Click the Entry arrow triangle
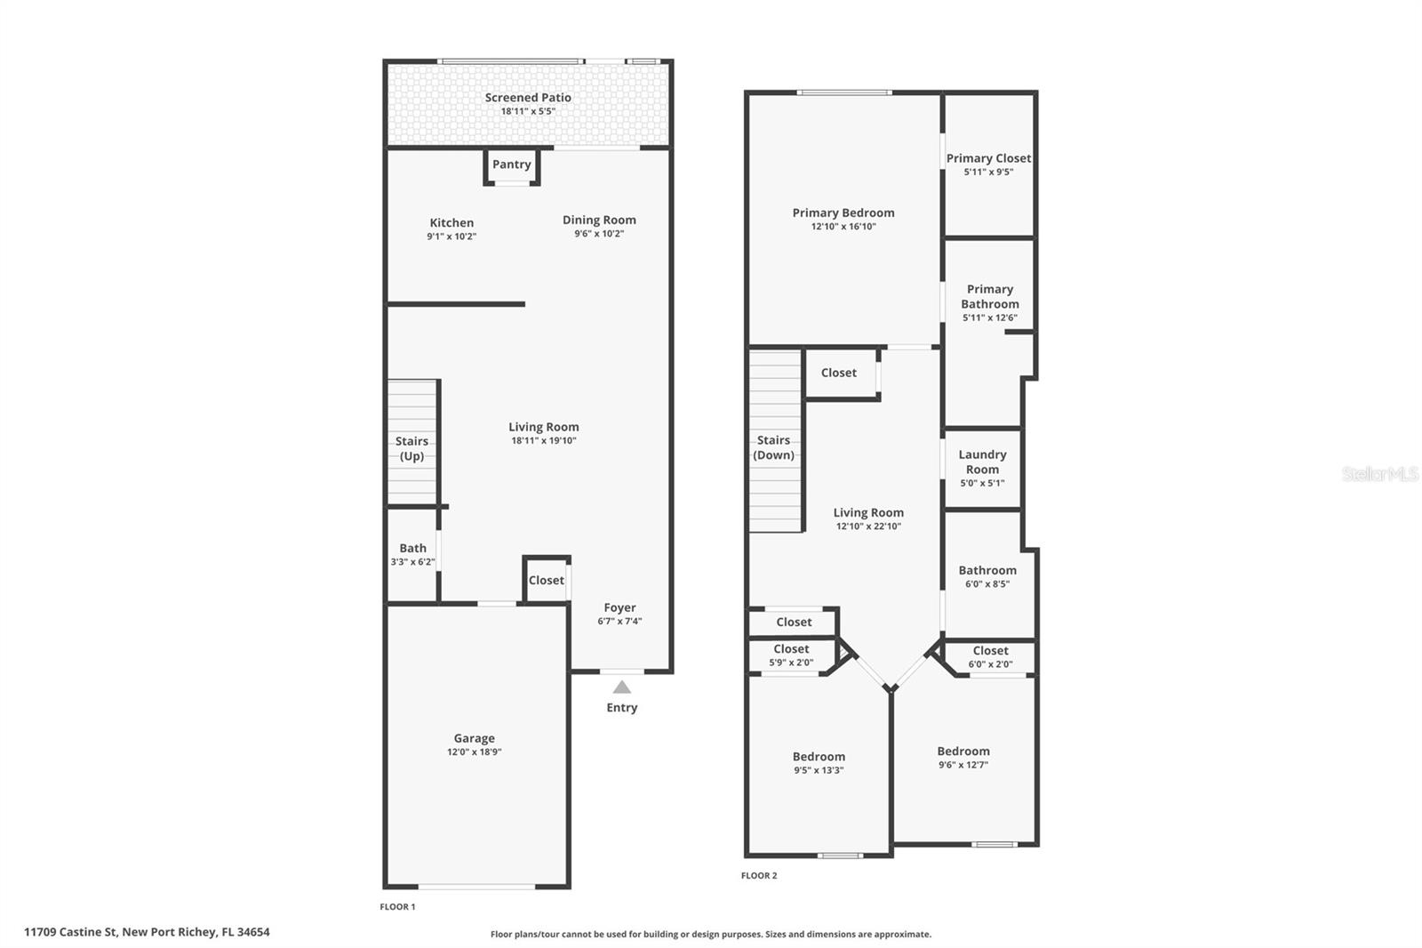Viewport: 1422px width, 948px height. pyautogui.click(x=622, y=687)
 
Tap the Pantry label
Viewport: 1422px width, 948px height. pyautogui.click(x=512, y=165)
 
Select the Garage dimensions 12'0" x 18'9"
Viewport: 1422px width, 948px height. pyautogui.click(x=474, y=752)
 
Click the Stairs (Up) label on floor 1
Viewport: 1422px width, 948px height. pyautogui.click(x=411, y=448)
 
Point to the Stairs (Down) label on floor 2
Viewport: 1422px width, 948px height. pyautogui.click(x=773, y=447)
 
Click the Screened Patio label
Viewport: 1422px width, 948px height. pyautogui.click(x=528, y=98)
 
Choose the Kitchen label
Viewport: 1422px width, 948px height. pyautogui.click(x=451, y=223)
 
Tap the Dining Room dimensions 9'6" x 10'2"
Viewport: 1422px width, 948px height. pyautogui.click(x=599, y=234)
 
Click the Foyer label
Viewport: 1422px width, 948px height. pyautogui.click(x=619, y=607)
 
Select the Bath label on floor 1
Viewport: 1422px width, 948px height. pyautogui.click(x=412, y=548)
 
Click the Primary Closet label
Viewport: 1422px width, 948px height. pyautogui.click(x=988, y=158)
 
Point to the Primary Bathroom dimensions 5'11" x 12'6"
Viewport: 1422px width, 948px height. pyautogui.click(x=989, y=317)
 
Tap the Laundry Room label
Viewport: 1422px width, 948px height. pyautogui.click(x=982, y=462)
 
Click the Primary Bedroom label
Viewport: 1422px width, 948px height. pyautogui.click(x=843, y=213)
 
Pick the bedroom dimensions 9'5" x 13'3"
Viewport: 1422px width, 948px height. pyautogui.click(x=819, y=771)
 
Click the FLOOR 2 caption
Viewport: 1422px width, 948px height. pyautogui.click(x=759, y=876)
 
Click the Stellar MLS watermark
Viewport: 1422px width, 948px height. pyautogui.click(x=1379, y=474)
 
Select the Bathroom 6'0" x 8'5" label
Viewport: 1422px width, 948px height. pyautogui.click(x=987, y=571)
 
